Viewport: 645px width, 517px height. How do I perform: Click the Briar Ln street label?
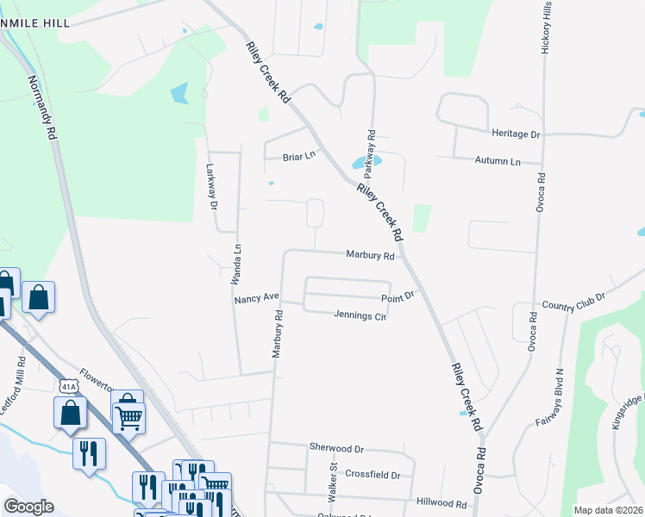pos(300,157)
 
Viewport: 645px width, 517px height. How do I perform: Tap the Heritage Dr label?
pos(515,134)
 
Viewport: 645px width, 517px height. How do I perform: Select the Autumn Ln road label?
pos(498,161)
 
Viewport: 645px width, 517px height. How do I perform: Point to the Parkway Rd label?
pos(373,148)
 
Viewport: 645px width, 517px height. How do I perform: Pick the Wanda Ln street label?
pos(234,264)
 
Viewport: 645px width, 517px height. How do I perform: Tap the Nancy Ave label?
pos(257,297)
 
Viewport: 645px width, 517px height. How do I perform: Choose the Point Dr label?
pos(398,296)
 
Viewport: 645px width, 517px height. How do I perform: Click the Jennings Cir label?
pos(359,315)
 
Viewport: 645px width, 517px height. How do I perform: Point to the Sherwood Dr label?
pos(337,448)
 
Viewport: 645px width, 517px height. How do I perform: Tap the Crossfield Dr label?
pos(373,475)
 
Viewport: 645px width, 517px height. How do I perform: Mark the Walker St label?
pos(332,482)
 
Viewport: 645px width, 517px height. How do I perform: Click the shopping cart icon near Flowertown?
pos(128,417)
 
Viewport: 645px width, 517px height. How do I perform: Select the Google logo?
pos(28,507)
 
